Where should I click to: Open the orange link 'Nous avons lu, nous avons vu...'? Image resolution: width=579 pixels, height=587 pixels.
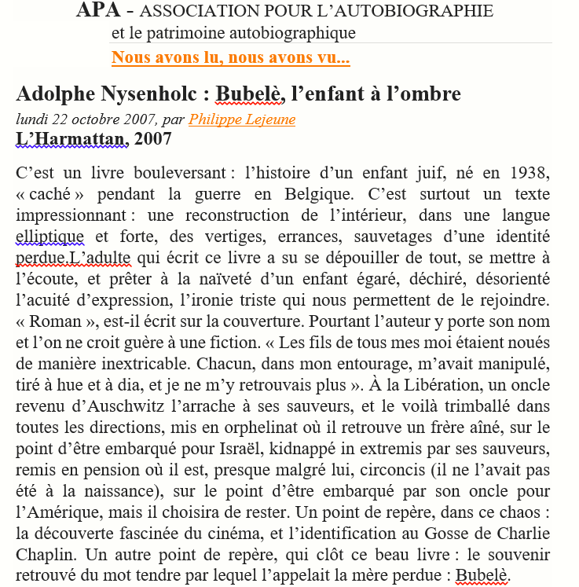(230, 57)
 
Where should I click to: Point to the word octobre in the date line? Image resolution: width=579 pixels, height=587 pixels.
(97, 119)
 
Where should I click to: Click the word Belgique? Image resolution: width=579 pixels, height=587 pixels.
(354, 194)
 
